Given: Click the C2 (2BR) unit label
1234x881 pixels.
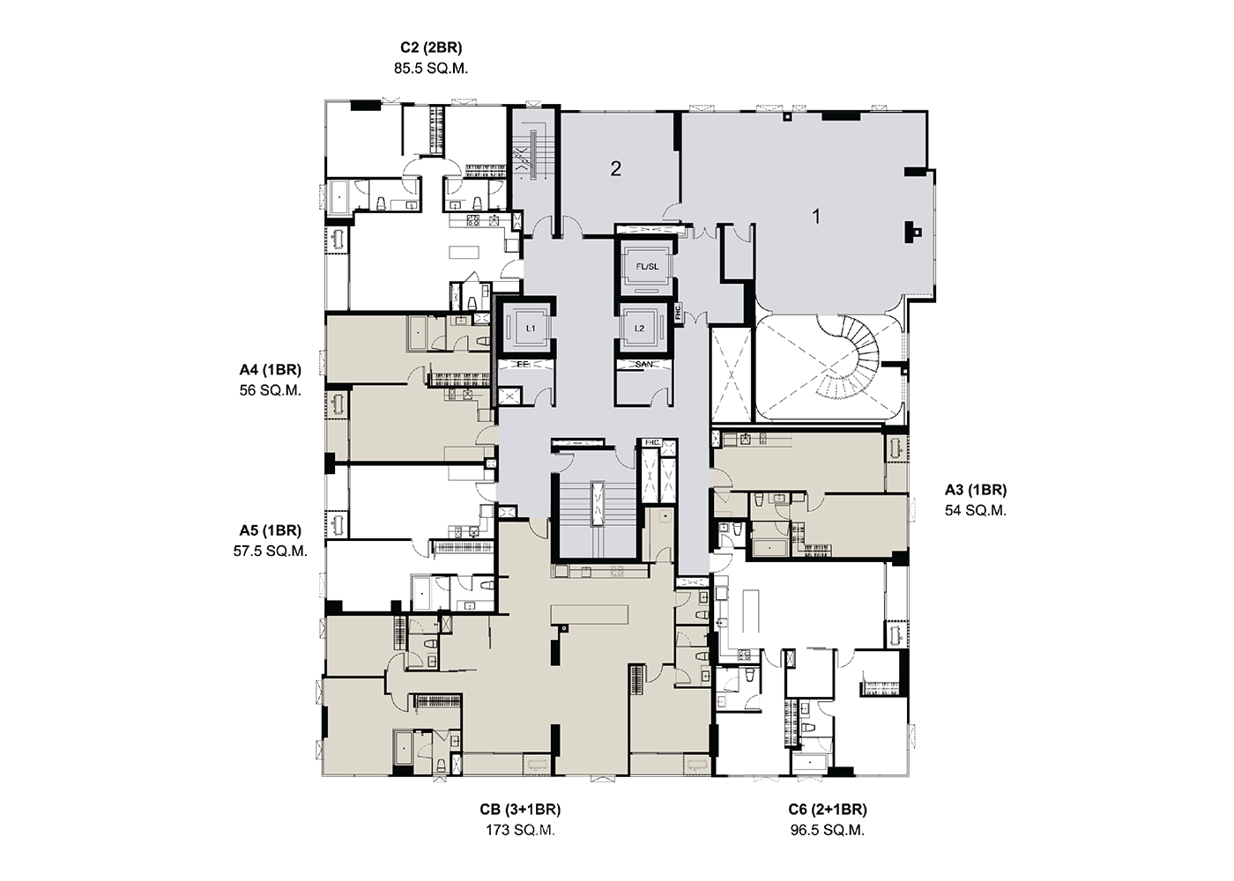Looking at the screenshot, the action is coord(431,48).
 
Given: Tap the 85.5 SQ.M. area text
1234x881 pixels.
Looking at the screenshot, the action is coord(431,69).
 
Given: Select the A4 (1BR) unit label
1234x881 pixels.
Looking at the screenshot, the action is coord(270,369).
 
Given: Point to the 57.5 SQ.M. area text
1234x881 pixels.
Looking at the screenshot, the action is coord(270,552).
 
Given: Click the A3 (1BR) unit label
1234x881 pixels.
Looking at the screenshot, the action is coord(976,490).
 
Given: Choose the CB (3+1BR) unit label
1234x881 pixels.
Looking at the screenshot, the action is coord(520,810).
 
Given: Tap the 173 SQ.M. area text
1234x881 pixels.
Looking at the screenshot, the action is coord(520,830).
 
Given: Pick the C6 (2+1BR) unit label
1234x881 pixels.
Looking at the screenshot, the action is coord(828,810).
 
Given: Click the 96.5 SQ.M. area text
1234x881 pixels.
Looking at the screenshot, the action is coord(828,830).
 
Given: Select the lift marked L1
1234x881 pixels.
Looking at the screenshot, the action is coord(531,329).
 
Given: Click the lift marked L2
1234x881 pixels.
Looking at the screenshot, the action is coord(640,329).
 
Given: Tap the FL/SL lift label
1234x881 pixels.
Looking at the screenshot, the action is coord(647,267).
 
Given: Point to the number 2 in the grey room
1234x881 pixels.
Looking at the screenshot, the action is coord(615,168).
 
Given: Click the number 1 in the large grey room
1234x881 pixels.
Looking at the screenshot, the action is coord(816,217).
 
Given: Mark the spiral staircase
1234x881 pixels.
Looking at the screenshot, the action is coord(848,357).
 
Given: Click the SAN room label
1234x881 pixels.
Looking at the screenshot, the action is coord(644,364).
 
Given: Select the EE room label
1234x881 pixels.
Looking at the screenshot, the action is coord(523,364).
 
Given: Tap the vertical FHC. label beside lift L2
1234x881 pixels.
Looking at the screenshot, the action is coord(678,312).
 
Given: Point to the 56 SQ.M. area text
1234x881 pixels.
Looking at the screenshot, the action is coord(270,390).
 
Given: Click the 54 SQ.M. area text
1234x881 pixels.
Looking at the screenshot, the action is coord(976,510).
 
